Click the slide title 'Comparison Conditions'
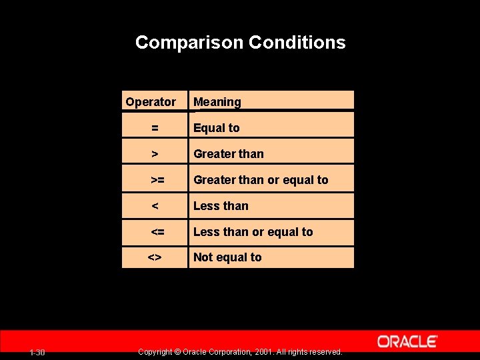coord(240,43)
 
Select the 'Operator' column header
coord(151,102)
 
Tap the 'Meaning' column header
coord(217,102)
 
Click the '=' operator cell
coord(155,128)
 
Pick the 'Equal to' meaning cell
coord(217,128)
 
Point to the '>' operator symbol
coord(155,154)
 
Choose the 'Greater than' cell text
coord(229,154)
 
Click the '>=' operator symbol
coord(157,180)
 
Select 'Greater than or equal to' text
coord(261,180)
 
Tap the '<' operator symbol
coord(155,206)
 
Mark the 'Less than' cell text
coord(221,206)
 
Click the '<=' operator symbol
coord(157,232)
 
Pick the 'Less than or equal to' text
coord(253,232)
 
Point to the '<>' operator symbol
coord(155,257)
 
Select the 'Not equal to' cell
coord(227,257)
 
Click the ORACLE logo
coord(407,341)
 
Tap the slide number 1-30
coord(37,352)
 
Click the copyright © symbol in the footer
coord(177,352)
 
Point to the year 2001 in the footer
coord(264,352)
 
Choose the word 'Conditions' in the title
coord(297,43)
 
